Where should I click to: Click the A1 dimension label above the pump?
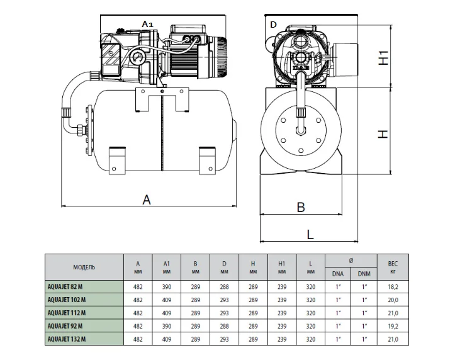click(147, 23)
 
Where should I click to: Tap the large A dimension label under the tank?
click(147, 200)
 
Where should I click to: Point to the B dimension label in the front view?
click(301, 207)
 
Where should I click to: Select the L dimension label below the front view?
click(310, 234)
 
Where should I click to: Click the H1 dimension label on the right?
click(383, 59)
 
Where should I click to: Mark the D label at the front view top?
click(272, 25)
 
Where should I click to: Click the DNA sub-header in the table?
click(339, 274)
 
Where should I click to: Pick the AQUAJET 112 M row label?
click(67, 313)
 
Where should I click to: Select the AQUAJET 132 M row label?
click(67, 339)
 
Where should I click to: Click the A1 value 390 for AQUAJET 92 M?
click(166, 326)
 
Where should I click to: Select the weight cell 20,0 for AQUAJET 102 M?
click(392, 300)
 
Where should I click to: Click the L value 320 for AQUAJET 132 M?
click(310, 339)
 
